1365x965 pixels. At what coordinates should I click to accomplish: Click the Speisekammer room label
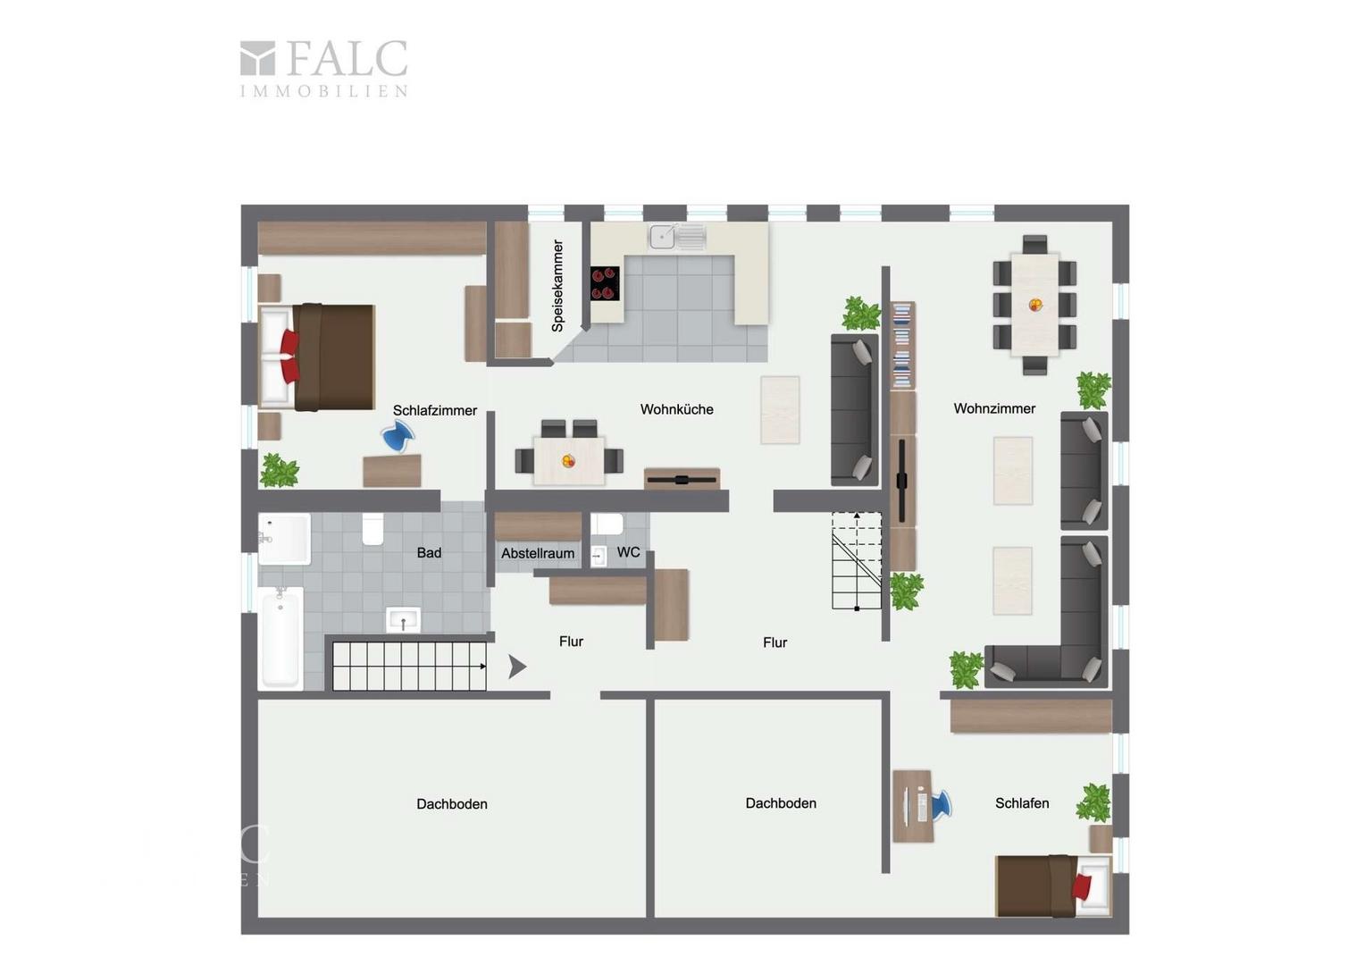557,285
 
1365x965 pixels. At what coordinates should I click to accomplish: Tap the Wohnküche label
676,409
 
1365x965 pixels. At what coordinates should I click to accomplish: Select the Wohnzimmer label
994,408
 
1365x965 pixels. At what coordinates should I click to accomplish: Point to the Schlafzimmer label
434,410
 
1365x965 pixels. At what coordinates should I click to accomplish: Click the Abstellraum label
538,553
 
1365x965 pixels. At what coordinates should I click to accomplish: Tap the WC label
628,551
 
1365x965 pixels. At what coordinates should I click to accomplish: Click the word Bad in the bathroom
429,552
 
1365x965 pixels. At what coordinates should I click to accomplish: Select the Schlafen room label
1022,803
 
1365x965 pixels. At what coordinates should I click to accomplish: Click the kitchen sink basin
662,237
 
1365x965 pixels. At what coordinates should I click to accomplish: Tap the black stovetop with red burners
605,283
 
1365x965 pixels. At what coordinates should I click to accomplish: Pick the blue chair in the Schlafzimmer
398,437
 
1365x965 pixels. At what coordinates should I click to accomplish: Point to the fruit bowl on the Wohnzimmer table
1034,305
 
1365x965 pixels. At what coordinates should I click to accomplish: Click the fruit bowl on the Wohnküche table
568,461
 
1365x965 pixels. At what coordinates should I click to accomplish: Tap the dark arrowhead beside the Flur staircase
516,667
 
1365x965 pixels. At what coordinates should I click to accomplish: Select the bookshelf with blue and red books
903,345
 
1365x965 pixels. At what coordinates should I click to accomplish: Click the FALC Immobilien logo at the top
323,68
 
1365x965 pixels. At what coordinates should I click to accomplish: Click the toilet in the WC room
607,524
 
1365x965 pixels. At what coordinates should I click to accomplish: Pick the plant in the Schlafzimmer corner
280,470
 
